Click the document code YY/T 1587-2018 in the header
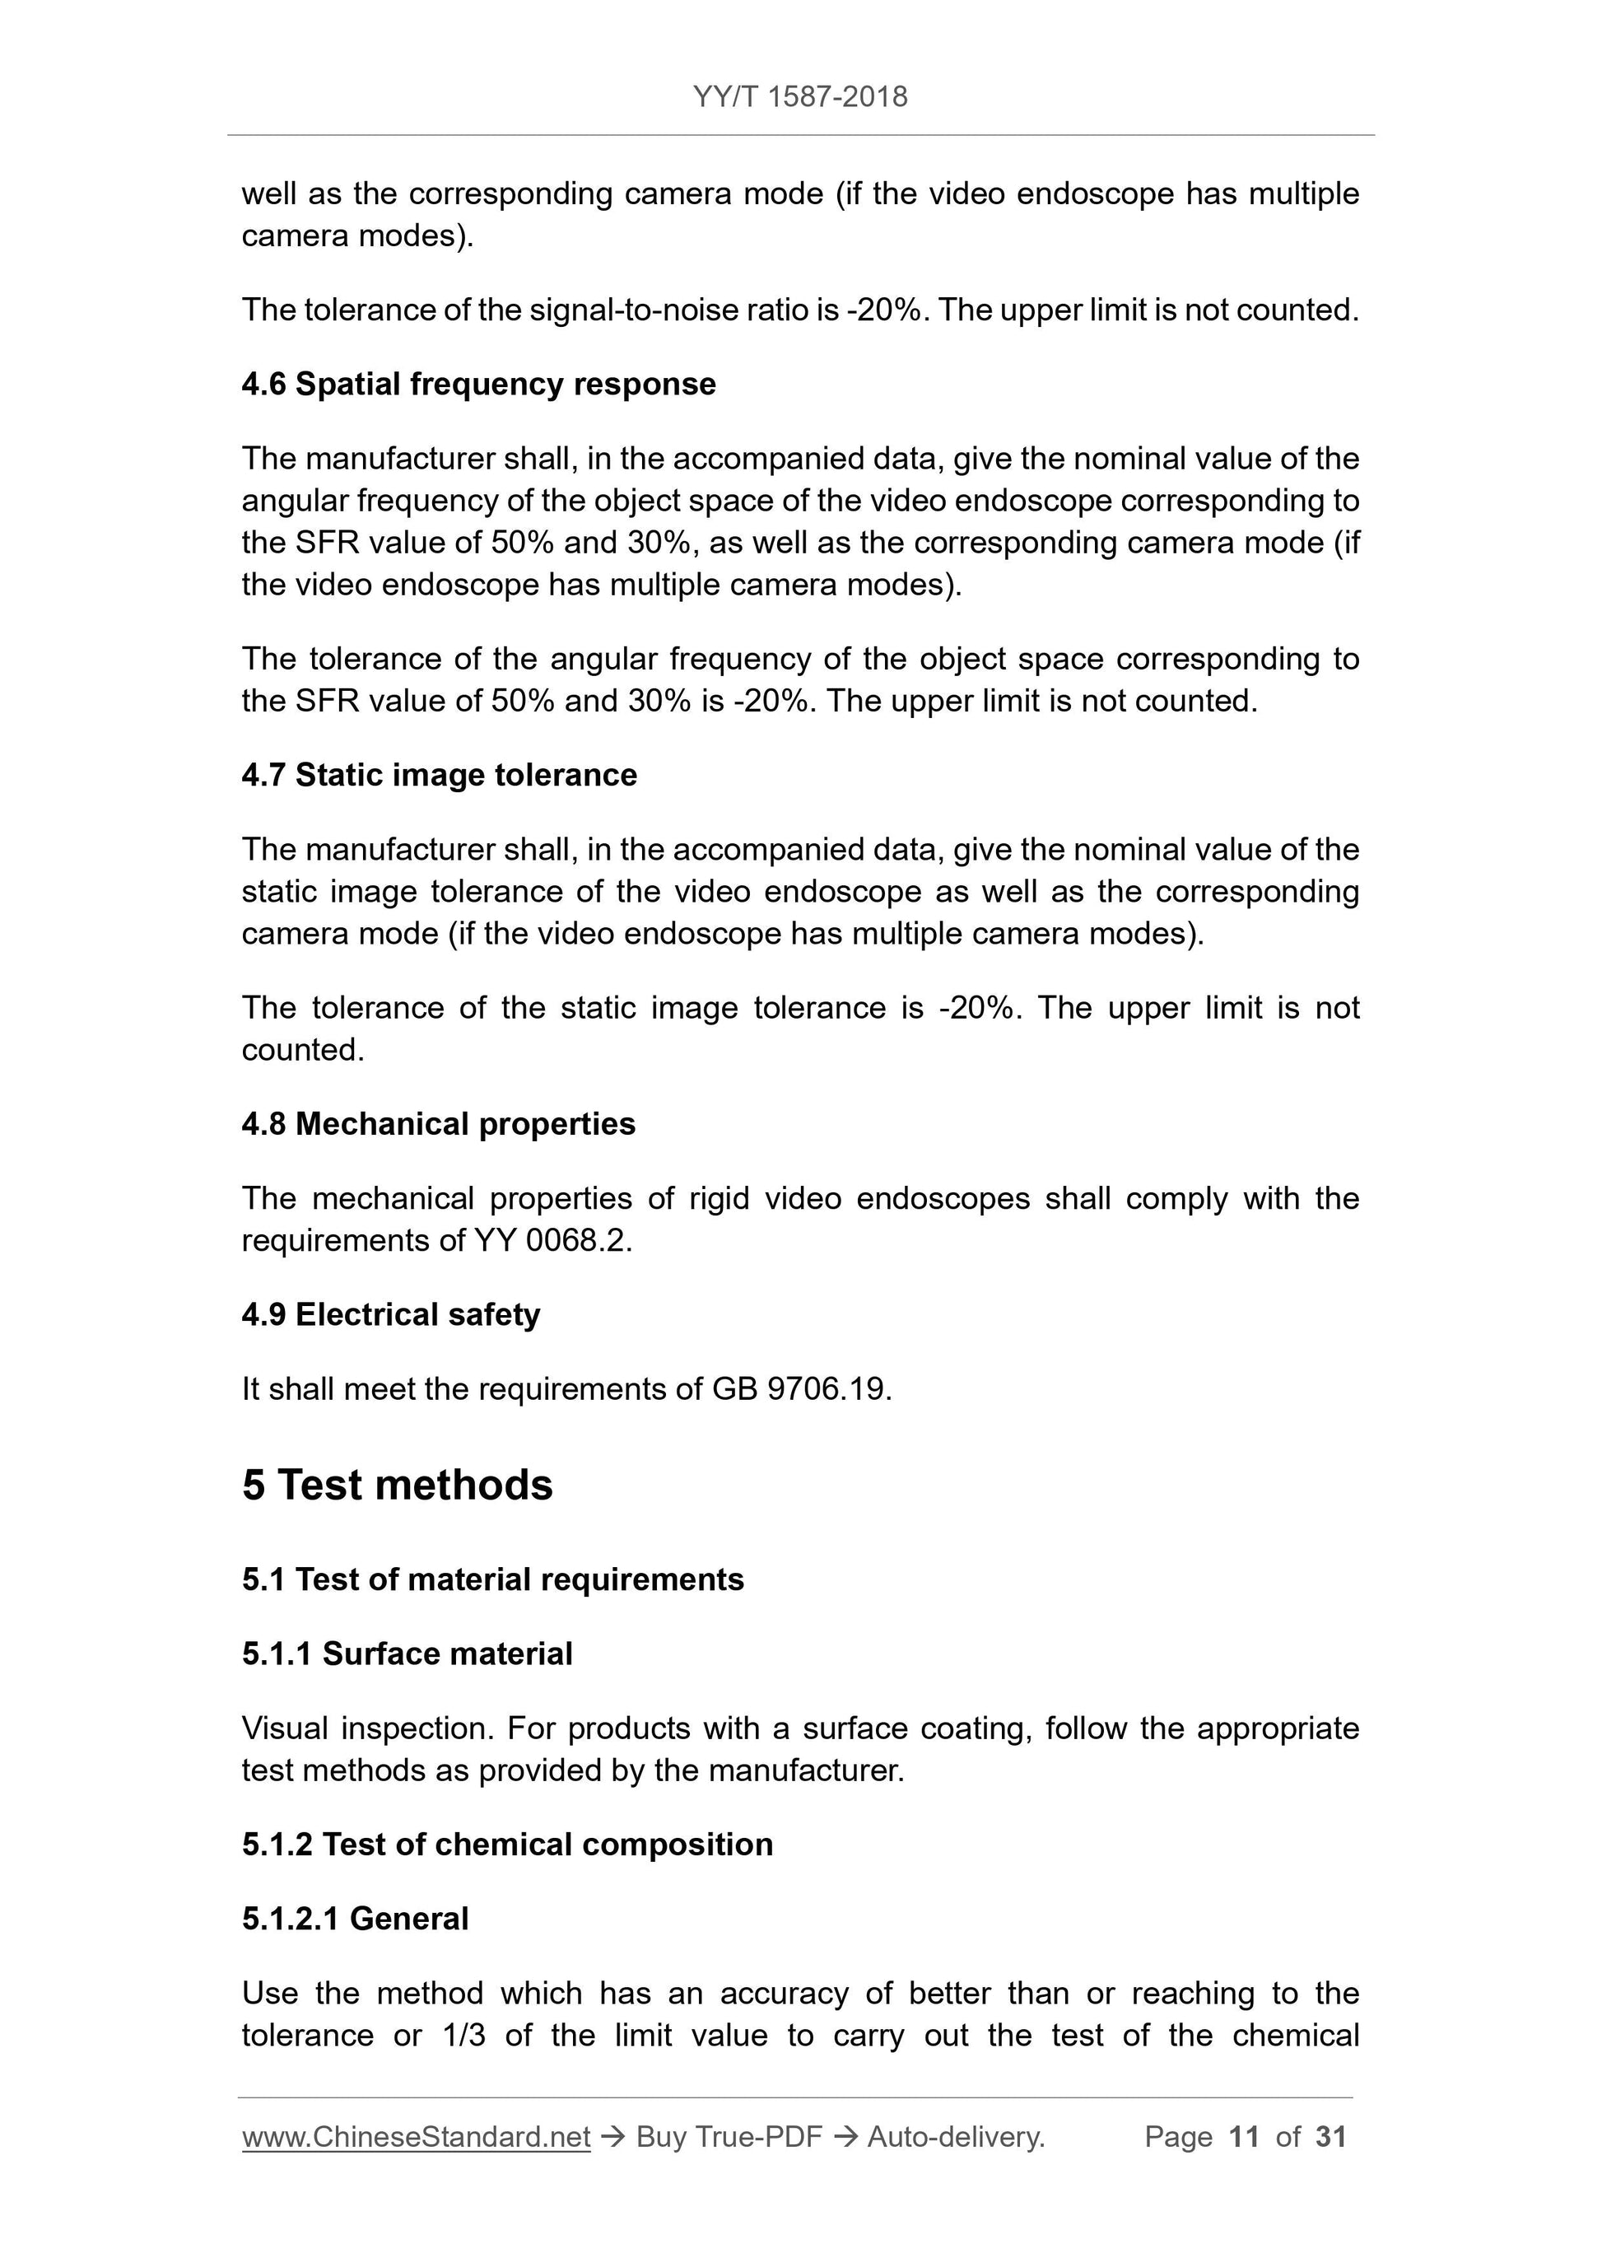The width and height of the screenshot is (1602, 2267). pos(799,97)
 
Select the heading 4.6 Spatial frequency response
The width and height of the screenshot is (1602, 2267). pos(479,384)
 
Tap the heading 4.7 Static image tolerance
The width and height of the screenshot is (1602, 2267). pos(440,775)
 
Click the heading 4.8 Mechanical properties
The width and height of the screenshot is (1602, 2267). pos(438,1124)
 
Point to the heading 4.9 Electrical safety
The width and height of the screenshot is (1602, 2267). pos(391,1314)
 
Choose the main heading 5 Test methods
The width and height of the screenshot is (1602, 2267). pos(397,1484)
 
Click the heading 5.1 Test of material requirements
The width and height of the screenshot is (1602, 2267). pos(492,1579)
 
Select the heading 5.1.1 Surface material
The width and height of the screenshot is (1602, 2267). pos(407,1653)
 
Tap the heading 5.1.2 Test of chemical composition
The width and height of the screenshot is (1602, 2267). pos(507,1844)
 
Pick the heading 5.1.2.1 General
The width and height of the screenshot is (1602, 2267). pos(356,1918)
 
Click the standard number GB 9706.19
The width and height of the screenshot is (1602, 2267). pos(800,1389)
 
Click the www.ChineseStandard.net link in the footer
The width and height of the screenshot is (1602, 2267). pos(416,2136)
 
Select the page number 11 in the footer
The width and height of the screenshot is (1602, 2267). pos(1244,2136)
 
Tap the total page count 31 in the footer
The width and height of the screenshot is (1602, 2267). pos(1330,2136)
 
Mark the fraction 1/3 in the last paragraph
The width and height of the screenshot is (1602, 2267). pos(464,2035)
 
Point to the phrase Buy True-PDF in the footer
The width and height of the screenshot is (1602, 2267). pos(729,2136)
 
